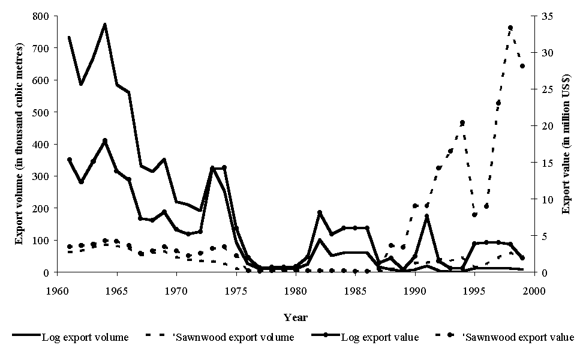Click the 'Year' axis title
296,317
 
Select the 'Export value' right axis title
566,144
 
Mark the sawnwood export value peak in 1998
510,28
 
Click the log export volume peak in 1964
105,24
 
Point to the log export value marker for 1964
105,140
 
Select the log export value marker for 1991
426,217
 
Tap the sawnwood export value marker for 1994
462,122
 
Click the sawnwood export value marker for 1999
522,66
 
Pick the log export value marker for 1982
320,213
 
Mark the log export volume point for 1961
70,37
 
